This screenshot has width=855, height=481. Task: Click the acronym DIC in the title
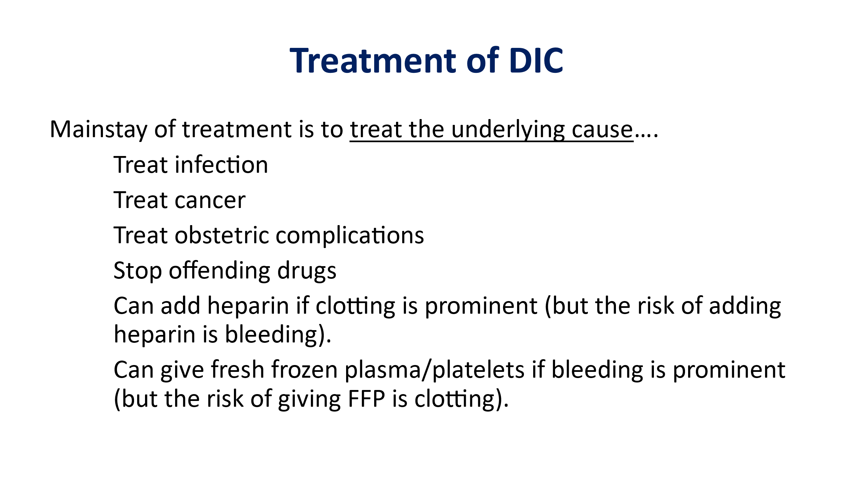[x=536, y=61]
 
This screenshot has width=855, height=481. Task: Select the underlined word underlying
[x=508, y=130]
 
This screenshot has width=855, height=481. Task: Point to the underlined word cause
[x=602, y=130]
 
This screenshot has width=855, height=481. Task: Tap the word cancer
[x=210, y=200]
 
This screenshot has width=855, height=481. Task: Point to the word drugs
[x=307, y=271]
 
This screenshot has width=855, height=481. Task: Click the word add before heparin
[x=180, y=305]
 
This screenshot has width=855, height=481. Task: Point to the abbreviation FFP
[x=366, y=399]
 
